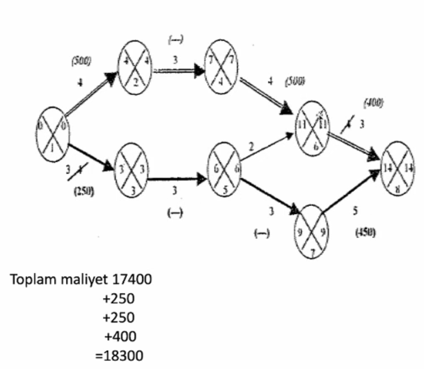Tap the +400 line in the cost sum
coord(119,337)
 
